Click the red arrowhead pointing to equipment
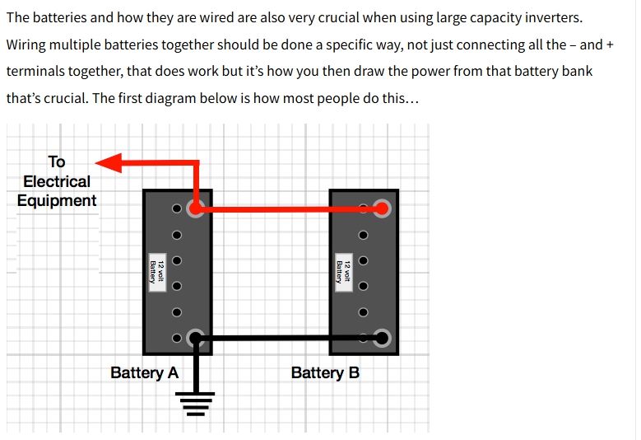pyautogui.click(x=109, y=163)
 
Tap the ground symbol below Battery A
pyautogui.click(x=197, y=404)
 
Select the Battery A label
pyautogui.click(x=144, y=372)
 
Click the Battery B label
pyautogui.click(x=325, y=372)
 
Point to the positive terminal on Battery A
pyautogui.click(x=195, y=208)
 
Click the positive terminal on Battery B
pyautogui.click(x=381, y=208)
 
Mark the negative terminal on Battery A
pyautogui.click(x=195, y=338)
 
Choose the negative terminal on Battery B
pyautogui.click(x=381, y=338)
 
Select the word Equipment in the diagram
pyautogui.click(x=57, y=200)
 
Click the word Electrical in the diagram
pyautogui.click(x=57, y=181)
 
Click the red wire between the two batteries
pyautogui.click(x=288, y=209)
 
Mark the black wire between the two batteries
pyautogui.click(x=288, y=338)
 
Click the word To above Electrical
pyautogui.click(x=57, y=161)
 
